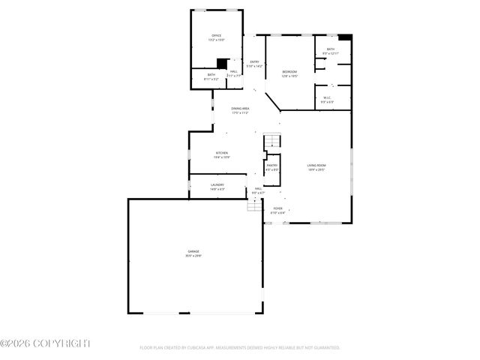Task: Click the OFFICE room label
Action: pyautogui.click(x=216, y=35)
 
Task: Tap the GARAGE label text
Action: pyautogui.click(x=193, y=251)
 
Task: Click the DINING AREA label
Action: pyautogui.click(x=240, y=109)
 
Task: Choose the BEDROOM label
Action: pyautogui.click(x=289, y=72)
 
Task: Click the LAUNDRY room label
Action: pyautogui.click(x=217, y=184)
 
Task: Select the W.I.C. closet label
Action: pyautogui.click(x=328, y=97)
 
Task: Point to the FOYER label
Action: pyautogui.click(x=277, y=208)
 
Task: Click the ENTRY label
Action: pyautogui.click(x=254, y=61)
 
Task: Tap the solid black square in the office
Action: pyautogui.click(x=221, y=64)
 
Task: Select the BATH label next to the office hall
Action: pyautogui.click(x=211, y=74)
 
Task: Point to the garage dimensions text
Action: pyautogui.click(x=193, y=256)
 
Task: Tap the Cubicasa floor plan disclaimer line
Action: pyautogui.click(x=240, y=348)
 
